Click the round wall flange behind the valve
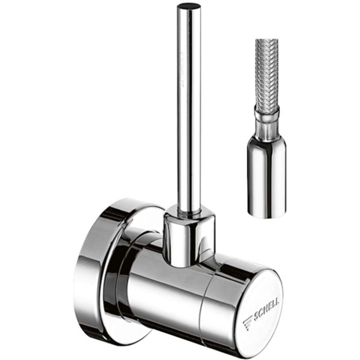[x=98, y=267]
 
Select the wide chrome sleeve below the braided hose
[x=266, y=175]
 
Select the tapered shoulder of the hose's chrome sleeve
[x=267, y=135]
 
